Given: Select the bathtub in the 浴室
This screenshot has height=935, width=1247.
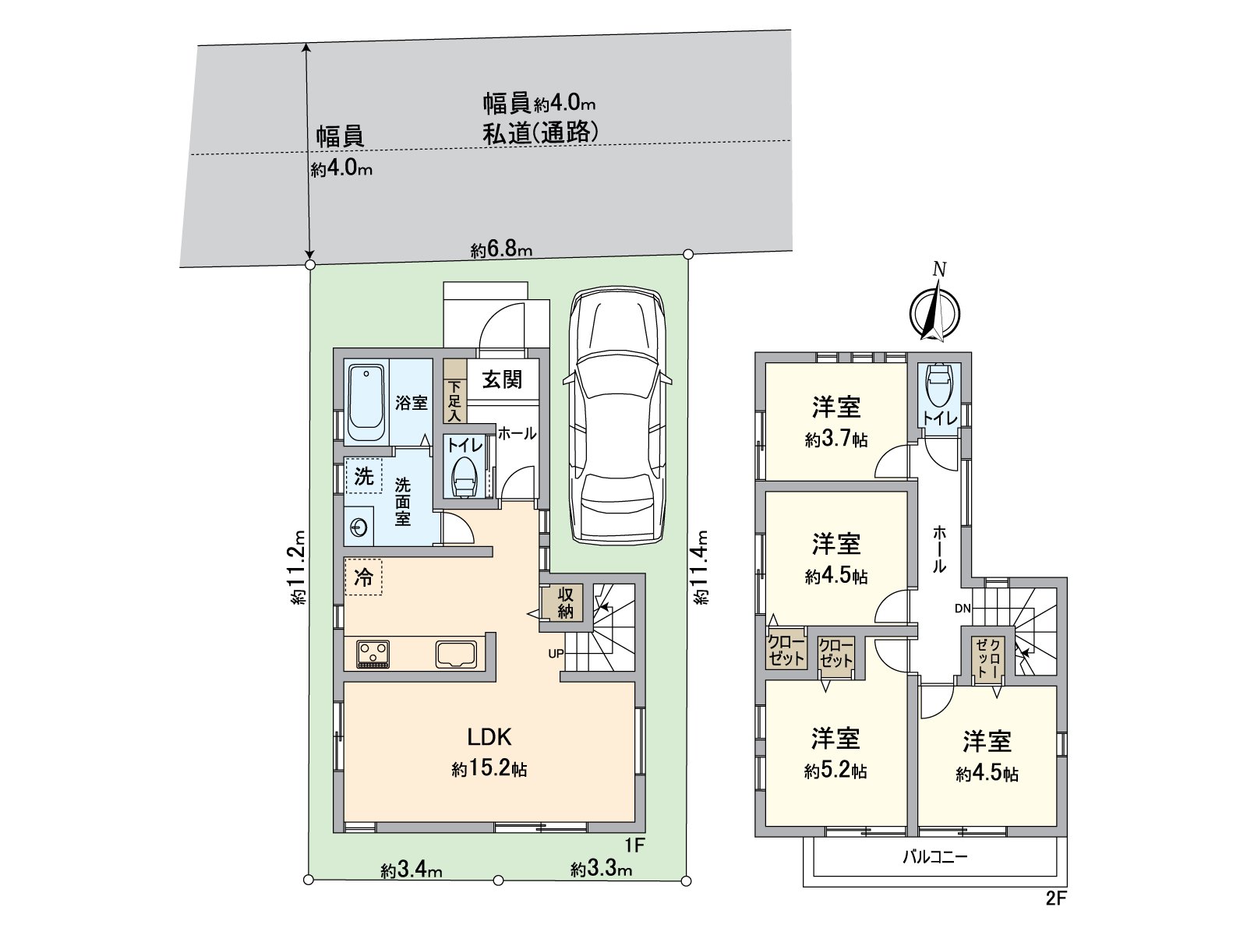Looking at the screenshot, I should pos(366,404).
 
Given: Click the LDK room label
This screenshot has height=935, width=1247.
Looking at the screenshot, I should pos(489,736).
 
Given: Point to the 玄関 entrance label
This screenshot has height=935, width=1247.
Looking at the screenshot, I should pos(501,380).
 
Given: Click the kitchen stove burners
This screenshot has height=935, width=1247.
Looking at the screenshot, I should pos(373,652).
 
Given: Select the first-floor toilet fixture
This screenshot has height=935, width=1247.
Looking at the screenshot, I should pos(465,475).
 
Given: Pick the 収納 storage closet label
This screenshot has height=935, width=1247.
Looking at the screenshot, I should pos(565,602).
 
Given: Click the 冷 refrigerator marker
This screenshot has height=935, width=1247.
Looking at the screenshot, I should pos(363,577).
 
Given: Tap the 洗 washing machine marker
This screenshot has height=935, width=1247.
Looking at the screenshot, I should pos(363,476).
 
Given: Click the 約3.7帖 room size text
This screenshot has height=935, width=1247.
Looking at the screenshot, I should pos(836,440).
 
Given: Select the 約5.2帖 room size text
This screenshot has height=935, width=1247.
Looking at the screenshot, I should pos(835,771).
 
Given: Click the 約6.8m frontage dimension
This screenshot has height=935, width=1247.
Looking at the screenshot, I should pos(501,250).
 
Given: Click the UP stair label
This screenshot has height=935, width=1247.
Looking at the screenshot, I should pos(555,654).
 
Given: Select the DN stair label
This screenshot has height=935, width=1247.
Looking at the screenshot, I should pos(963,609).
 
